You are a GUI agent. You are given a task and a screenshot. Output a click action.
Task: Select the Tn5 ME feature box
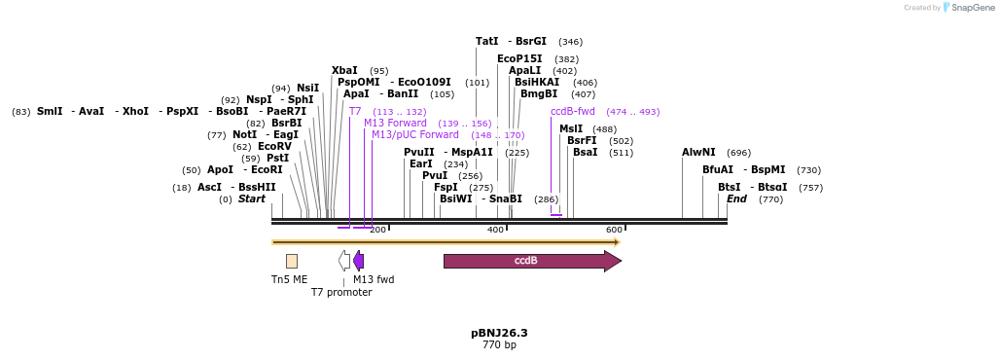(x=292, y=261)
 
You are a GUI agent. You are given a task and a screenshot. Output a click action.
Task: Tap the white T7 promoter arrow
(x=344, y=261)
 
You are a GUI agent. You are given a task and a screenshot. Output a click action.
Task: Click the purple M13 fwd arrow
(x=359, y=261)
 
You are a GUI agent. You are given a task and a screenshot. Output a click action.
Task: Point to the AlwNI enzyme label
(x=698, y=152)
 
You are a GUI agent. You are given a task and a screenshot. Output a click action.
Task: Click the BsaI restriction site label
(x=586, y=152)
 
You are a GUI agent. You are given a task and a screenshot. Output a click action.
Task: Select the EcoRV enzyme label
(x=274, y=146)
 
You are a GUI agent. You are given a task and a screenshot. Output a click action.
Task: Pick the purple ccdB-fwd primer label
(x=572, y=111)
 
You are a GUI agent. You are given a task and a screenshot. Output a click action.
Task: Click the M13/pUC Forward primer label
(x=414, y=134)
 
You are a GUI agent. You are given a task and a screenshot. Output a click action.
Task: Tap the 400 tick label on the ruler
(x=495, y=230)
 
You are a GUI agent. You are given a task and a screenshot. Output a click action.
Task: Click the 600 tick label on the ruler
(x=614, y=230)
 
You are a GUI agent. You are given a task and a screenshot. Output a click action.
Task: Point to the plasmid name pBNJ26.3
(x=499, y=333)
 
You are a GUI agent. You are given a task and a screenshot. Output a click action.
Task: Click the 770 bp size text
(x=499, y=345)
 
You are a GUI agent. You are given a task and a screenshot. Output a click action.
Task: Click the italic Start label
(x=252, y=198)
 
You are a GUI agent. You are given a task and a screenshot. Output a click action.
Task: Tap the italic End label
(x=736, y=198)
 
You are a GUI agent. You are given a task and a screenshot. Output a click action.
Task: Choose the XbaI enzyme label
(x=344, y=70)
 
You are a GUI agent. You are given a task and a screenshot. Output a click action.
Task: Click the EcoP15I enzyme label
(x=519, y=58)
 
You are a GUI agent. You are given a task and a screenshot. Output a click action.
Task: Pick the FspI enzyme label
(x=446, y=187)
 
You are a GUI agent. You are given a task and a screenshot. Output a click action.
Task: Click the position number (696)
(x=739, y=153)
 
